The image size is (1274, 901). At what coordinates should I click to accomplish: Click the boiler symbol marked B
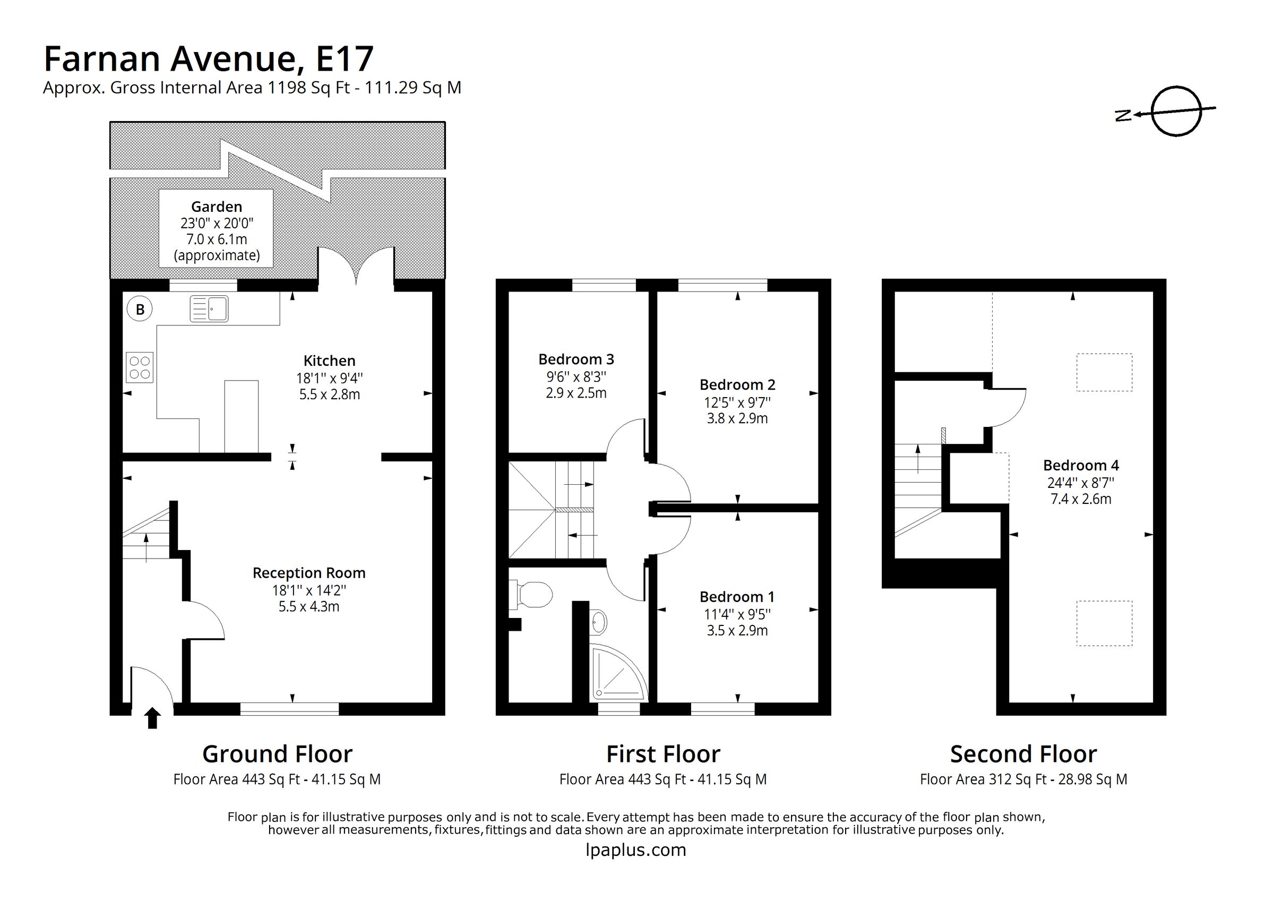pos(140,309)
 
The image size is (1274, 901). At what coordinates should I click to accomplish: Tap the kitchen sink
pos(209,308)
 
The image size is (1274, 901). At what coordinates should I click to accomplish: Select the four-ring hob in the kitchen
pos(139,367)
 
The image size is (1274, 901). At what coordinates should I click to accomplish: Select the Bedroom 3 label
pos(576,359)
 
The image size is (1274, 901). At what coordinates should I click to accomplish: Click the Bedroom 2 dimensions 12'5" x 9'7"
pos(737,402)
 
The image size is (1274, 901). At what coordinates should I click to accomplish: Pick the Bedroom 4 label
pos(1080,465)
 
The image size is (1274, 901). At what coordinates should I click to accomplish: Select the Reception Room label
pos(309,573)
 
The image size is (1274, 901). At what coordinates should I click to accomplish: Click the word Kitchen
pos(329,361)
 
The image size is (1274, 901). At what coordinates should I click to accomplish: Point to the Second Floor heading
pos(1023,754)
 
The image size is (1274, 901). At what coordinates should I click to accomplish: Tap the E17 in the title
pos(344,59)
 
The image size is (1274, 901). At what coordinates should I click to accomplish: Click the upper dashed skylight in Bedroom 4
pos(1104,373)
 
